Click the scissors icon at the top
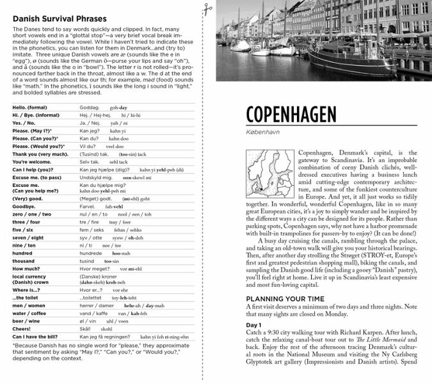tap(208, 8)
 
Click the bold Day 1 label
tap(254, 325)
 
